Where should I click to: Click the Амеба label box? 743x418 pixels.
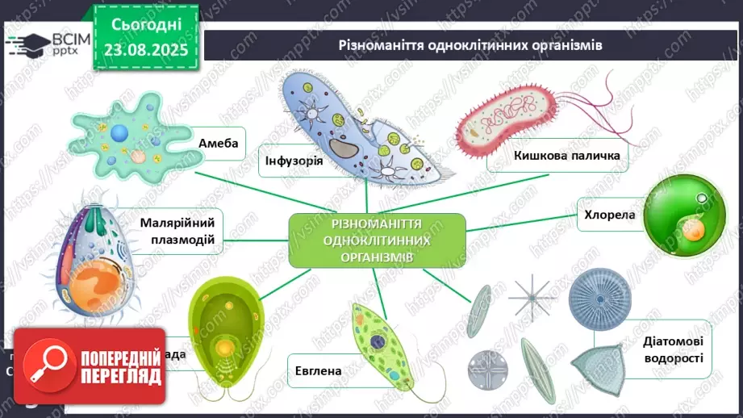coord(218,144)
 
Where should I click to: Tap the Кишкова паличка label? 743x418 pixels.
coord(570,156)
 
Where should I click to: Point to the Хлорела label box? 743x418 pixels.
coord(611,215)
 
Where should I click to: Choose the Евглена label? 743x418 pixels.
coord(318,371)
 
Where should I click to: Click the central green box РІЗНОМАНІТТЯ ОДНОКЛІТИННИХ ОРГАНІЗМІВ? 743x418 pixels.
coord(377,240)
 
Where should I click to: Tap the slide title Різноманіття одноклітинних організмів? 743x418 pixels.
coord(470,45)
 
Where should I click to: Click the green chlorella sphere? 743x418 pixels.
coord(686,217)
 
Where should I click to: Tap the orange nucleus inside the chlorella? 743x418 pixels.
coord(692,231)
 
